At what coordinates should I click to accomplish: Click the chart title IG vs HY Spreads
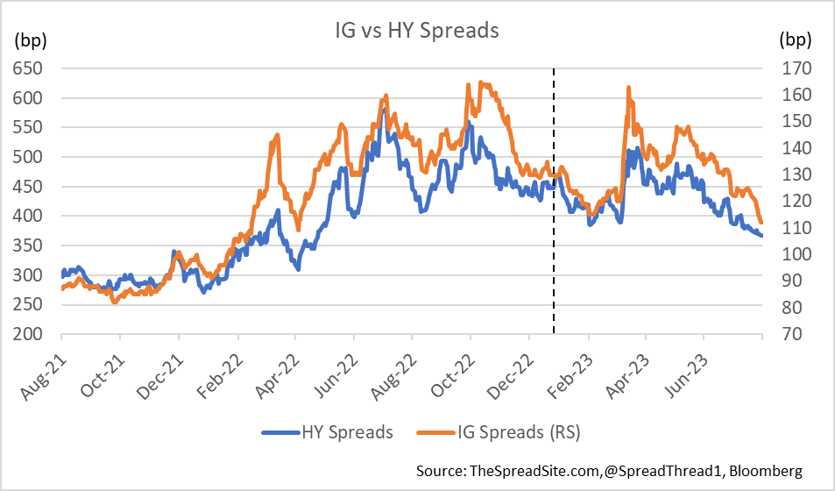coord(417,32)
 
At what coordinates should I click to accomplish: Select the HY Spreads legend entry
coord(339,431)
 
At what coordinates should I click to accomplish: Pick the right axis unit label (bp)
coord(795,39)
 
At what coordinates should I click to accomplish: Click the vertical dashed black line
coord(554,219)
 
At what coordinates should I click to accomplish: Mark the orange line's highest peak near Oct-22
coord(480,82)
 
